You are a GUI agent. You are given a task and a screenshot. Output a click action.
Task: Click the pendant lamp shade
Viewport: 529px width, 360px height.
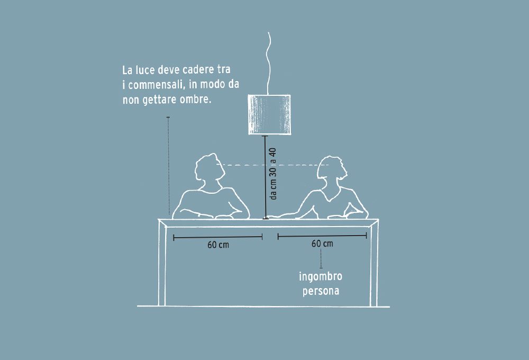pyautogui.click(x=270, y=114)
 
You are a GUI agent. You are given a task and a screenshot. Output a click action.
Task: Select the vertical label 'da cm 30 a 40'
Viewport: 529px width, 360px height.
pyautogui.click(x=273, y=174)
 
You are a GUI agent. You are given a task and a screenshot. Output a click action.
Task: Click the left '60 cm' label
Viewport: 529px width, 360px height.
pyautogui.click(x=218, y=245)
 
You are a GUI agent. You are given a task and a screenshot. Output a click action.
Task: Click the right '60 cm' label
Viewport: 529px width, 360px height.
pyautogui.click(x=322, y=244)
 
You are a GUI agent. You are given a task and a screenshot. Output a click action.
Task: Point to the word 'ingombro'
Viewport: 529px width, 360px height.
pyautogui.click(x=321, y=277)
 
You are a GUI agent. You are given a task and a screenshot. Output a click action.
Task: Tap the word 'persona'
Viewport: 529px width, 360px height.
pyautogui.click(x=321, y=291)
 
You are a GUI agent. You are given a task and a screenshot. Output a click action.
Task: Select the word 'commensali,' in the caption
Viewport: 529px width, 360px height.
pyautogui.click(x=157, y=85)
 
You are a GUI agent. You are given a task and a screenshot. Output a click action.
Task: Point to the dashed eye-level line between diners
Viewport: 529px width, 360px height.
pyautogui.click(x=272, y=165)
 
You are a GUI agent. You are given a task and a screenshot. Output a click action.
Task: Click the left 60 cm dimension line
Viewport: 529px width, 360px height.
pyautogui.click(x=218, y=237)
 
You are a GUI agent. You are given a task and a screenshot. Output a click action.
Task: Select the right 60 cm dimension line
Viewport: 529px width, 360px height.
pyautogui.click(x=322, y=237)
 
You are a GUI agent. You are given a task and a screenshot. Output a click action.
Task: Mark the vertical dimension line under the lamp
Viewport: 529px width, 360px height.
pyautogui.click(x=266, y=177)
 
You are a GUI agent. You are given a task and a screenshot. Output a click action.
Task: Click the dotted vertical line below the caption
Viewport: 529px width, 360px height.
pyautogui.click(x=168, y=166)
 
